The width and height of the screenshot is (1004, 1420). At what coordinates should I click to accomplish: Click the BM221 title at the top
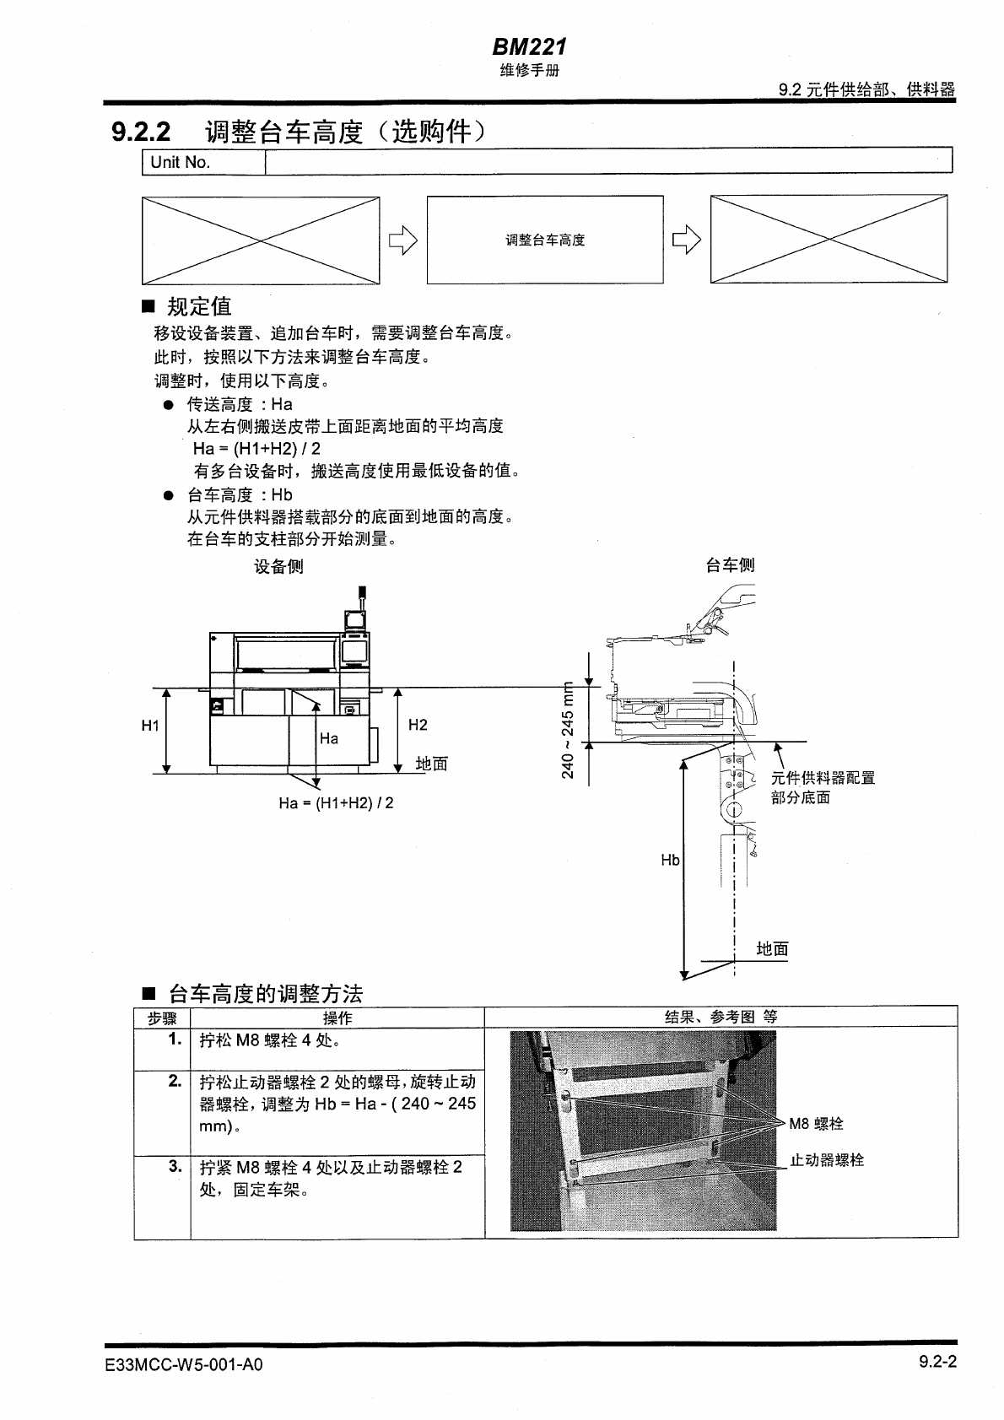point(529,47)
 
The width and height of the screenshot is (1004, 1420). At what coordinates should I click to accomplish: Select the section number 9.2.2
point(141,132)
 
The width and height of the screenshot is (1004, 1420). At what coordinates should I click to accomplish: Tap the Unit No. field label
point(180,162)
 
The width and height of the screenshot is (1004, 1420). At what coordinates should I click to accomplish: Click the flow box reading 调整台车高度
point(545,240)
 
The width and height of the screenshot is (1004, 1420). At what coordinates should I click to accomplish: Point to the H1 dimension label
point(150,726)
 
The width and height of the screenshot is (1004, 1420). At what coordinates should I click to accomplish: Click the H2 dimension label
point(418,725)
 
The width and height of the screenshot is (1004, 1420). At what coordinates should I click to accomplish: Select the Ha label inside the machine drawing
point(329,739)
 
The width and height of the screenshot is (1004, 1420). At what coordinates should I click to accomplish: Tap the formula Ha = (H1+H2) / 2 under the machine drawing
point(336,803)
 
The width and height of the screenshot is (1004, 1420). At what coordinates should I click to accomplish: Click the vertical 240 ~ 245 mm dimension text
point(568,729)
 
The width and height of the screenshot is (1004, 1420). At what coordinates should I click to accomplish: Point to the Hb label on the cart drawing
point(670,861)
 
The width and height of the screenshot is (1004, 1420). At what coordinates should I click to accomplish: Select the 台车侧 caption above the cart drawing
point(730,565)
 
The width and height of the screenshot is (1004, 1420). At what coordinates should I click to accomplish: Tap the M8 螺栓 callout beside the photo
point(816,1124)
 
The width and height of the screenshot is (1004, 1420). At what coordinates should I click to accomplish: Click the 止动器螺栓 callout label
point(826,1160)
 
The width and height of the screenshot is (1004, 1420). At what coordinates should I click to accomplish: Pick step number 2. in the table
point(175,1081)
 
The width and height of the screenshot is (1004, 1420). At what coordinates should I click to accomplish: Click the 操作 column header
point(337,1018)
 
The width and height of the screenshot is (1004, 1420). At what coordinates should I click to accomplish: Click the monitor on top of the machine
point(355,621)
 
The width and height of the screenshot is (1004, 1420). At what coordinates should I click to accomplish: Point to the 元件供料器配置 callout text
point(823,778)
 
